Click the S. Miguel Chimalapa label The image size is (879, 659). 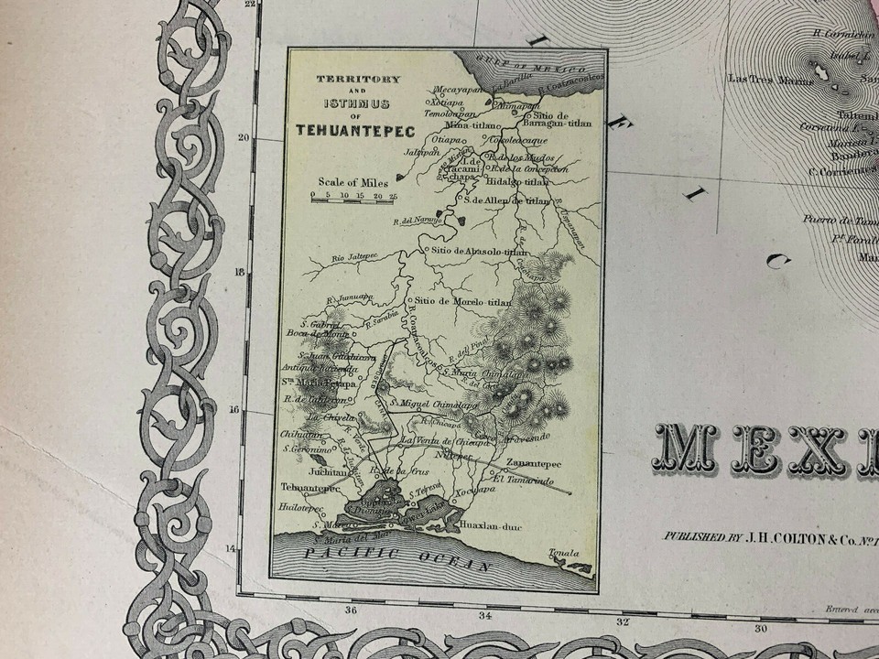click(434, 402)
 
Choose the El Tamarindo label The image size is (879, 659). click(523, 480)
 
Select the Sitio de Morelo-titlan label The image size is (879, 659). click(462, 300)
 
